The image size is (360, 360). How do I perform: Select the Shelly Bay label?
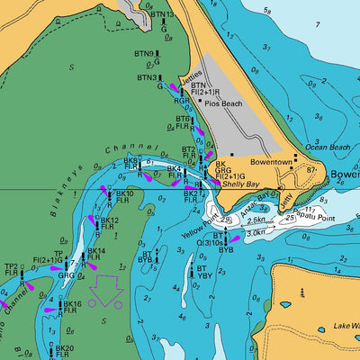[x=240, y=184]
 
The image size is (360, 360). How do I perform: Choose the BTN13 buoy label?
[x=163, y=15]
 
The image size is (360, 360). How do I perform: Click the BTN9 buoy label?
[x=144, y=54]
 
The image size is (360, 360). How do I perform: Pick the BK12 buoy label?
[x=108, y=220]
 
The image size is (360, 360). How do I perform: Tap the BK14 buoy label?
[x=95, y=251]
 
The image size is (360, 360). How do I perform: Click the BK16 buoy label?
[x=72, y=305]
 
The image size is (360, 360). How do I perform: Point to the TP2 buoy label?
[x=11, y=267]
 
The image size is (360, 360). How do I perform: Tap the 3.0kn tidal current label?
[x=256, y=231]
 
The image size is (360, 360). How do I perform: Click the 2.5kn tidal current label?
[x=256, y=219]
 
